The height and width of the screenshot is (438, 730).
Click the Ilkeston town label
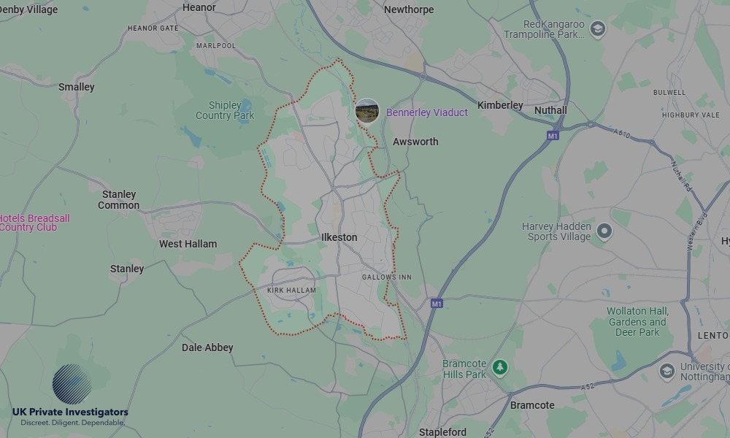(x=339, y=237)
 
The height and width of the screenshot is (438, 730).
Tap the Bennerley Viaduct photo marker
(x=366, y=112)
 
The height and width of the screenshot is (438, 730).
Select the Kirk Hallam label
(x=291, y=291)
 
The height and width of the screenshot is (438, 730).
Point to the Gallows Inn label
(x=387, y=277)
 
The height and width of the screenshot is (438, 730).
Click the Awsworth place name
(x=415, y=142)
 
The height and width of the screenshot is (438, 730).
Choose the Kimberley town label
(x=500, y=105)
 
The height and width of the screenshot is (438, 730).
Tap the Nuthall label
(x=550, y=110)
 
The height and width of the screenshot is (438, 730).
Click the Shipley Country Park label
(x=225, y=110)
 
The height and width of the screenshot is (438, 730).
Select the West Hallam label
(x=188, y=244)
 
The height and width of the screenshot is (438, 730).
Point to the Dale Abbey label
(x=207, y=347)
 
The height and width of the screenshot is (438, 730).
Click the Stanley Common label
(x=119, y=200)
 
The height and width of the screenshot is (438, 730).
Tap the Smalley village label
(x=77, y=87)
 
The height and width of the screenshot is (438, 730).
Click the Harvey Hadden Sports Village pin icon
(x=604, y=232)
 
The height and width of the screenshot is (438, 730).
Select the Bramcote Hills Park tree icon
(x=499, y=367)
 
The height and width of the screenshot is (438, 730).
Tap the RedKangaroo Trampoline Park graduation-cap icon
(x=598, y=30)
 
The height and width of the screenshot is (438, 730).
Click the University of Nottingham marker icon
(x=666, y=371)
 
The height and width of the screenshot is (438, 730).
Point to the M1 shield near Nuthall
(x=553, y=136)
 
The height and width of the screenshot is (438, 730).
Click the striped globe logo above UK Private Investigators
(x=72, y=384)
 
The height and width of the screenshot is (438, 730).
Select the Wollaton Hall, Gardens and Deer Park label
(x=637, y=322)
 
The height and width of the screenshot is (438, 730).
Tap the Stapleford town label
(x=443, y=432)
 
